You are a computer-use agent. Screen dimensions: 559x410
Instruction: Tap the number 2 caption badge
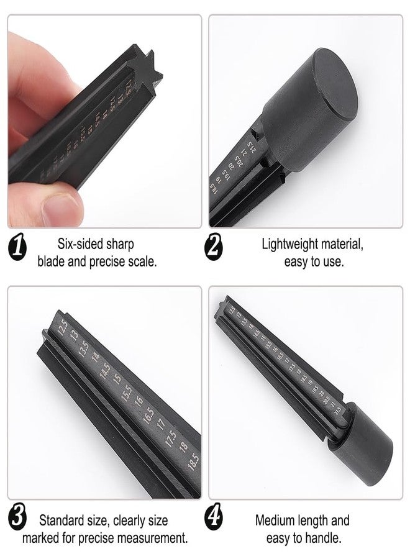click(x=214, y=250)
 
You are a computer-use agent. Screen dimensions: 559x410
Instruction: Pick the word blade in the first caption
click(x=52, y=261)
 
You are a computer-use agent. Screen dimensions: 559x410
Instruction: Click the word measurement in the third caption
click(x=151, y=537)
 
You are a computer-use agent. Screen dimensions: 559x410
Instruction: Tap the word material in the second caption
click(x=341, y=244)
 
